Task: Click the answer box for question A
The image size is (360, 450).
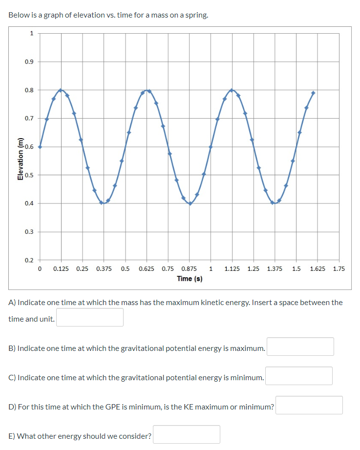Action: pos(90,317)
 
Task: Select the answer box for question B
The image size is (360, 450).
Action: pos(300,347)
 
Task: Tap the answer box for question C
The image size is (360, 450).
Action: pos(299,376)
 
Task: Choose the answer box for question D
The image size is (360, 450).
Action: pos(309,405)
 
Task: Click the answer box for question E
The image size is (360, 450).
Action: pos(187,434)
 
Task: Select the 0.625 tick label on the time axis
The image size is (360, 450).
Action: pos(147,269)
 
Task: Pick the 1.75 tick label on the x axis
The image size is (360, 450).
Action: pos(339,269)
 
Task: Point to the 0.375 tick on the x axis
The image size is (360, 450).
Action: pos(104,269)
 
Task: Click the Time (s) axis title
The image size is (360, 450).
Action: pos(190,279)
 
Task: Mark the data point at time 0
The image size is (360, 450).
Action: pos(40,146)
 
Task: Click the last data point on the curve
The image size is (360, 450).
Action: pos(313,93)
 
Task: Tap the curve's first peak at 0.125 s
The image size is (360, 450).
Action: pos(61,90)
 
